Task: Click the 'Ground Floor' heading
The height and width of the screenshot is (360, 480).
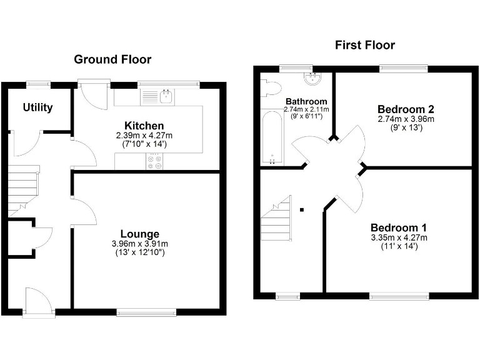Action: (112, 59)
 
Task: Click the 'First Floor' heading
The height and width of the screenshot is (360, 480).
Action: (364, 45)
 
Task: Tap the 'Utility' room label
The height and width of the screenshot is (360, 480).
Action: (37, 107)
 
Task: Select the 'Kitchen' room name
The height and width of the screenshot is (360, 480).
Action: (144, 126)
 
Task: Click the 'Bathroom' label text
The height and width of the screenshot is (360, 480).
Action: (306, 101)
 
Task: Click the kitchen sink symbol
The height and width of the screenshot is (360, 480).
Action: (165, 96)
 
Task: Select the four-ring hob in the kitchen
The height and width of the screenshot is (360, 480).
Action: (154, 162)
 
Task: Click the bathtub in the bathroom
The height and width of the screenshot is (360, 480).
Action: (272, 139)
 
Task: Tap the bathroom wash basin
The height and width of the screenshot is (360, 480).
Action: (311, 78)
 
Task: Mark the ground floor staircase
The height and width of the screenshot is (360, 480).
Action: (23, 187)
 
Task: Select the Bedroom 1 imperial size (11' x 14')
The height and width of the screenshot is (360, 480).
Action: (398, 246)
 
